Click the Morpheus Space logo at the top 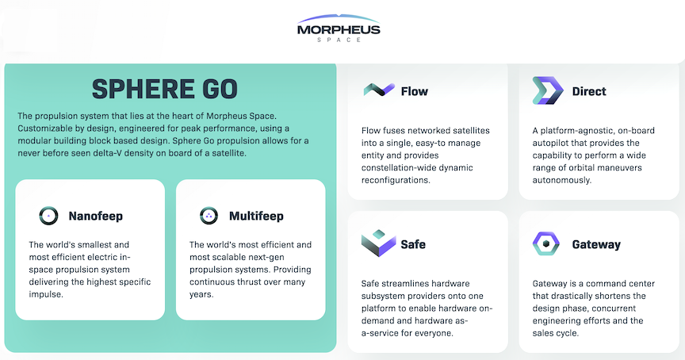[x=339, y=29]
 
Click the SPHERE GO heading [x=165, y=89]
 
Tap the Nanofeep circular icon [x=48, y=216]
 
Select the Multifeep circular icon [x=209, y=216]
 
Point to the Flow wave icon [x=379, y=90]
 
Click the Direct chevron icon [x=548, y=90]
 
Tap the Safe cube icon [x=378, y=243]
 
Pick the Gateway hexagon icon [x=546, y=243]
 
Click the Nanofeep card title [x=96, y=216]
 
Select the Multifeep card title [x=256, y=216]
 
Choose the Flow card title [x=415, y=91]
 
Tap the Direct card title [x=589, y=91]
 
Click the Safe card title [x=413, y=244]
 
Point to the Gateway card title [x=596, y=245]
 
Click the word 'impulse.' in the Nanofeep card [x=46, y=294]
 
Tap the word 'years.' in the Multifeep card [x=201, y=294]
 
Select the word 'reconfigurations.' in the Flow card [x=396, y=180]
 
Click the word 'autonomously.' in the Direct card [x=562, y=180]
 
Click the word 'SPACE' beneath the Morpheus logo [x=339, y=40]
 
